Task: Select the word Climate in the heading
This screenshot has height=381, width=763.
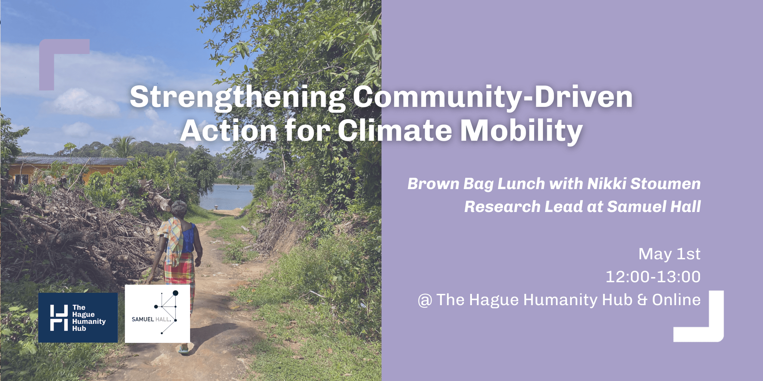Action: [395, 130]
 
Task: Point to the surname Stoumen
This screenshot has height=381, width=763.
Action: [666, 184]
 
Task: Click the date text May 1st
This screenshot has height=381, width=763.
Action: [669, 254]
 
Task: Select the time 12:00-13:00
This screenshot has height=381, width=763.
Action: [653, 277]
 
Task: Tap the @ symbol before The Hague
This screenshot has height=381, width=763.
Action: [425, 301]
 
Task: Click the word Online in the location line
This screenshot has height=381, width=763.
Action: [676, 300]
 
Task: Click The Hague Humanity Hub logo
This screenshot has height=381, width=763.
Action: [78, 317]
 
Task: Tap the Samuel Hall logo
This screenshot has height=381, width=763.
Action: [158, 314]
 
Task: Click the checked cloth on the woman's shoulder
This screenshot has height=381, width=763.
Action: [172, 240]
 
